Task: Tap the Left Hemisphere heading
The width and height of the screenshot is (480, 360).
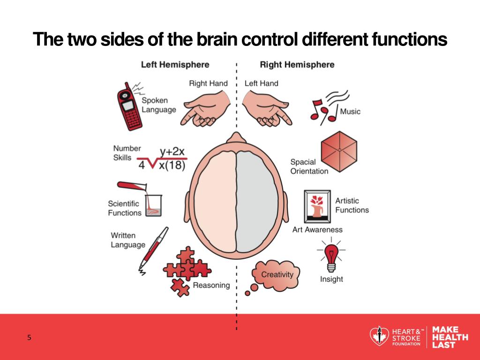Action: click(175, 64)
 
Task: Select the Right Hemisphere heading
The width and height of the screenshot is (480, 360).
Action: click(297, 64)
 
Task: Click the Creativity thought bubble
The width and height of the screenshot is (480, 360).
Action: click(277, 274)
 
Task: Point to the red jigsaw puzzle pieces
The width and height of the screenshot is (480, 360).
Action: click(185, 270)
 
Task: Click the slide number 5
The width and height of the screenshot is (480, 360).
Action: click(29, 337)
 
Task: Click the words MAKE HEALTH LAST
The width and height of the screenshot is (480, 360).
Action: click(450, 337)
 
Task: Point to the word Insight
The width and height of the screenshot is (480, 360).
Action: click(331, 279)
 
